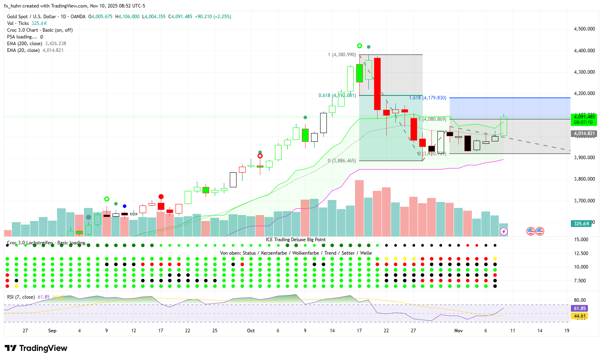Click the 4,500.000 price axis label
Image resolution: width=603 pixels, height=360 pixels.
tap(584, 29)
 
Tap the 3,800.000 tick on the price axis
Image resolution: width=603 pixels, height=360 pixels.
tap(584, 179)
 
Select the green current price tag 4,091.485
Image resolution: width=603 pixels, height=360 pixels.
tap(584, 117)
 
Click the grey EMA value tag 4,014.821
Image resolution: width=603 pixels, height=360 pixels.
tap(584, 133)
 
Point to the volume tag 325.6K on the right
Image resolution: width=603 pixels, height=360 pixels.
tap(581, 224)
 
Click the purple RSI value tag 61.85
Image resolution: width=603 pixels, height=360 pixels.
tap(580, 309)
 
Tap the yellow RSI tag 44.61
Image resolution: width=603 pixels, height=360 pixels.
tap(580, 316)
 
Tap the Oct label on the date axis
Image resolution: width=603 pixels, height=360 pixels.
tap(251, 331)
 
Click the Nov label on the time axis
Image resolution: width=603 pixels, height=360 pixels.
tap(458, 331)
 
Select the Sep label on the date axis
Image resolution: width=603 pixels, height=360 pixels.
tap(52, 331)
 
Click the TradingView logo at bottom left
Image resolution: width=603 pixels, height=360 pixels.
tap(36, 348)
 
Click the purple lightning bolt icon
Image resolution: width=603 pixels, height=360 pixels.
tap(504, 231)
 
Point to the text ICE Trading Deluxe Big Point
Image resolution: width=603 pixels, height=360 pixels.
tap(296, 240)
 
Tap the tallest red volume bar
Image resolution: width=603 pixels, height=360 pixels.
tap(359, 208)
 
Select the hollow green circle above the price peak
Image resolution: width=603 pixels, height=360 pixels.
tap(359, 46)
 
